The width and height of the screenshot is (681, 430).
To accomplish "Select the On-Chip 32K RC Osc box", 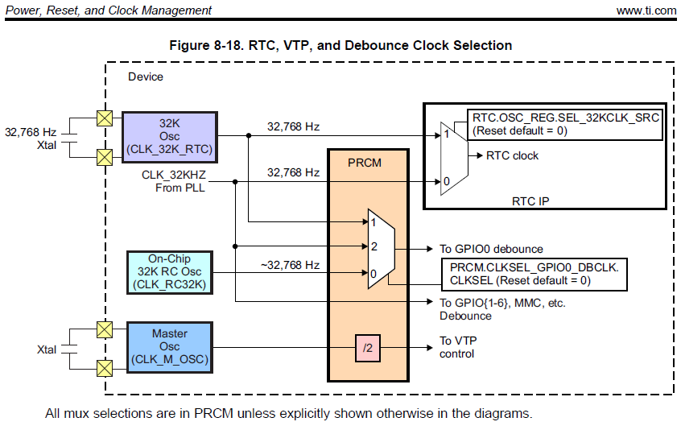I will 168,272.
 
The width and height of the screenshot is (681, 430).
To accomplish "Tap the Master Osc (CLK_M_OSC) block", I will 169,347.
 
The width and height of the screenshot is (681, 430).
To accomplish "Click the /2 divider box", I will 368,349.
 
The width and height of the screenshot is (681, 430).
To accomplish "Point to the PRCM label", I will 364,163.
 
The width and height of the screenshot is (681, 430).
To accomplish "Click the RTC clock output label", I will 513,155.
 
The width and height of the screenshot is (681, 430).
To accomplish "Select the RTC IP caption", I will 530,201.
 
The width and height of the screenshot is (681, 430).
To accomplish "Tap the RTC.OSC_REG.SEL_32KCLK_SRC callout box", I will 566,124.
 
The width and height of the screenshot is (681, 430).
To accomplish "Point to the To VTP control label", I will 457,347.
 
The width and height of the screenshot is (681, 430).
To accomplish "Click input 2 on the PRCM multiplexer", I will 374,246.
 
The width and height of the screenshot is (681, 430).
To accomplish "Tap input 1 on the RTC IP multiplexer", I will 446,134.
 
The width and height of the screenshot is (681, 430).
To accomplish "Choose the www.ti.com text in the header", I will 646,10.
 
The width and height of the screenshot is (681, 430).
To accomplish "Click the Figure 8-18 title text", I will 340,45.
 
